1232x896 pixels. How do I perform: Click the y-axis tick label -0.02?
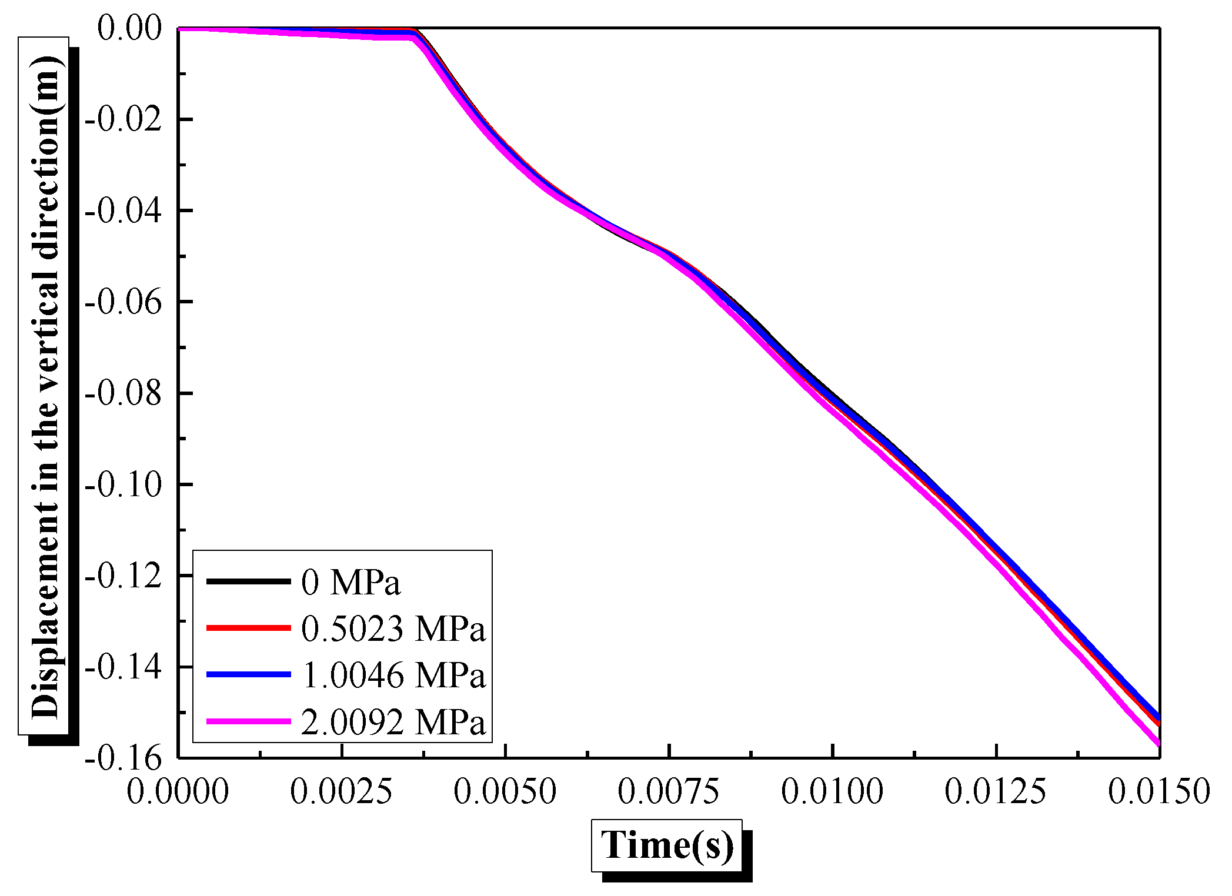(123, 120)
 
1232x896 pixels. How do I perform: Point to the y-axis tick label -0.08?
(123, 393)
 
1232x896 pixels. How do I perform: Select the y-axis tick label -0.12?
(123, 576)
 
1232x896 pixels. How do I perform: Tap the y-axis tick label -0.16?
(123, 758)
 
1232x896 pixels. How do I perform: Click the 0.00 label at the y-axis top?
(129, 28)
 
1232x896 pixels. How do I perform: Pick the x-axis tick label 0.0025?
(341, 791)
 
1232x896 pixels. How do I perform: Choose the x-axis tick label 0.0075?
(669, 791)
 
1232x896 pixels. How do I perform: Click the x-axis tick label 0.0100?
(832, 791)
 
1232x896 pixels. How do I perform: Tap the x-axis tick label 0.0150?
(1158, 791)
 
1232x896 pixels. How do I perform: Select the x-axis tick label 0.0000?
(178, 791)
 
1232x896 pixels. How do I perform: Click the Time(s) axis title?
(667, 845)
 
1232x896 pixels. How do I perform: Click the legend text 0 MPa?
(351, 582)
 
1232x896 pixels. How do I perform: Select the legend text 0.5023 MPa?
(393, 628)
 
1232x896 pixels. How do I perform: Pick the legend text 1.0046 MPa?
(393, 675)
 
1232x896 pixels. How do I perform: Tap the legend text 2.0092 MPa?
(393, 721)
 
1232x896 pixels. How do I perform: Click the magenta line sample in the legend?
(249, 721)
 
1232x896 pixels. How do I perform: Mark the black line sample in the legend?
(249, 581)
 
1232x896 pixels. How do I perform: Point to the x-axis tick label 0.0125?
(996, 791)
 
